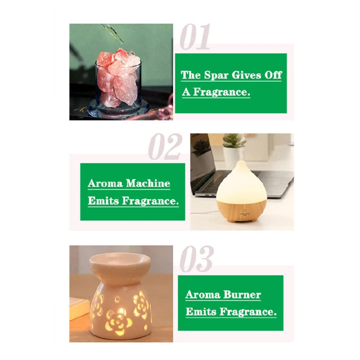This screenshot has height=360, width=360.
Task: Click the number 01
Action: point(195,36)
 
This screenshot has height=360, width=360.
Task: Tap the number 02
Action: point(165,146)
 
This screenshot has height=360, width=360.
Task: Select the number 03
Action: point(196,258)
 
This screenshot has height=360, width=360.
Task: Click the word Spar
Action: point(216,75)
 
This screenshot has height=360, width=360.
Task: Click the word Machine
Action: point(148,183)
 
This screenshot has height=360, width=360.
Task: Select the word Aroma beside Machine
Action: point(105,183)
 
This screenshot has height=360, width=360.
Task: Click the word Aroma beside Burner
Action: point(202,294)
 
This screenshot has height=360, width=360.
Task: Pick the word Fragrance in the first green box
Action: point(221,92)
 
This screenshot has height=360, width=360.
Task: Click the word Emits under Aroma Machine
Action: point(103,200)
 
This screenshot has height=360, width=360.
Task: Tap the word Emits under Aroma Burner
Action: point(201,311)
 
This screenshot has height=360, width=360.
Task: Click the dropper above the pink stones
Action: point(113,33)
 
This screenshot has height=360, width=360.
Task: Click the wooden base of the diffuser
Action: point(241,210)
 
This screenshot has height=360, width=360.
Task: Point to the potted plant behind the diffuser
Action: point(233,147)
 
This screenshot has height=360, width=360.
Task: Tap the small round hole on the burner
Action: point(117,299)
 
